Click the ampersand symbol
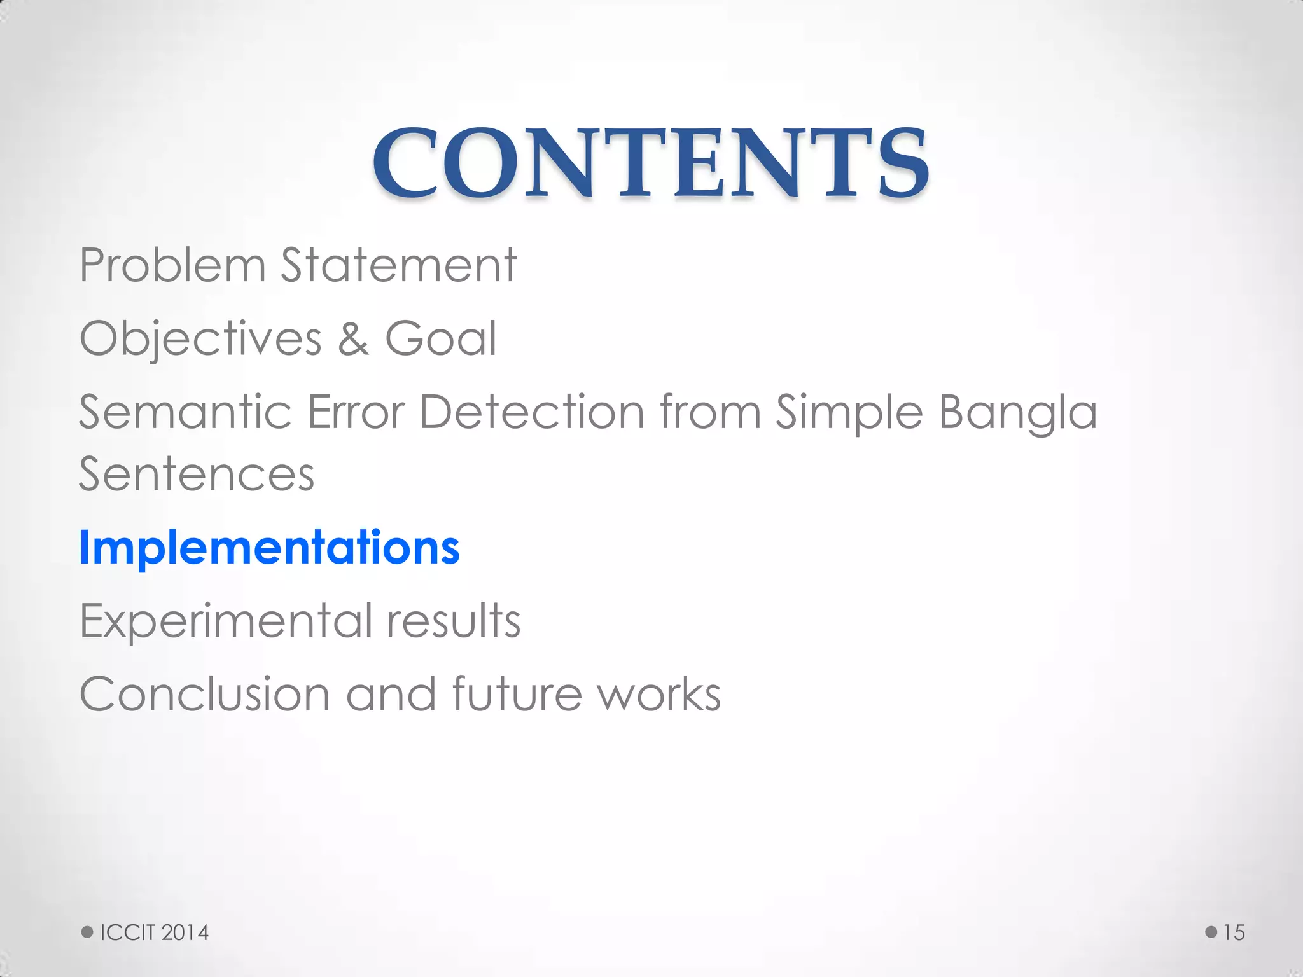tap(353, 338)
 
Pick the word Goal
tap(440, 338)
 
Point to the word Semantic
tap(185, 412)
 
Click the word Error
tap(356, 412)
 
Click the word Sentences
tap(197, 475)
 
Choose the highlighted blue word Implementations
tap(269, 548)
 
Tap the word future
tap(517, 694)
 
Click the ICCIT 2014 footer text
tap(155, 932)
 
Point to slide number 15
tap(1234, 932)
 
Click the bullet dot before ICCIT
tap(87, 932)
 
